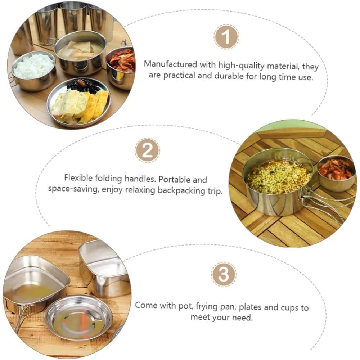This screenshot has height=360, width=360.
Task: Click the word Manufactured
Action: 170,64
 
